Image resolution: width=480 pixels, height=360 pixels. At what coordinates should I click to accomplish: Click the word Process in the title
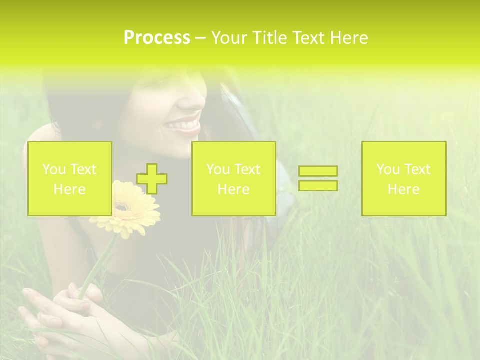coord(157,38)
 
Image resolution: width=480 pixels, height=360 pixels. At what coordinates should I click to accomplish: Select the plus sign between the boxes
coord(152,178)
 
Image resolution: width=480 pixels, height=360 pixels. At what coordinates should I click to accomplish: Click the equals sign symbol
coord(318,178)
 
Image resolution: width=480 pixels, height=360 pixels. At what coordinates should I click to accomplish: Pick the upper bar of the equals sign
coord(318,171)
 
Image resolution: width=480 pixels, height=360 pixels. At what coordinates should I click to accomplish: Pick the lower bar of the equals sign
coord(318,185)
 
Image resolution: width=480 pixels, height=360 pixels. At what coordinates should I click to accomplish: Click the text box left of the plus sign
coord(70,178)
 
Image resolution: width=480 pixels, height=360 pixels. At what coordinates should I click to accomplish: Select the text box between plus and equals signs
coord(233,178)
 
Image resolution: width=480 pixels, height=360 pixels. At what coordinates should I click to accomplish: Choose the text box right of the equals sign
coord(403,178)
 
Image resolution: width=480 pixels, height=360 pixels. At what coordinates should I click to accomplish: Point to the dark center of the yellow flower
coord(123,206)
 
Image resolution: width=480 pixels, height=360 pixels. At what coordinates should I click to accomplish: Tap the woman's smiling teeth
coord(184,123)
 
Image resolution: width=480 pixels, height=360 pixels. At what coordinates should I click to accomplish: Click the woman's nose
coord(192,98)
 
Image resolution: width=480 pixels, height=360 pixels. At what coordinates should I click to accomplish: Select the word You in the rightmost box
coord(388,169)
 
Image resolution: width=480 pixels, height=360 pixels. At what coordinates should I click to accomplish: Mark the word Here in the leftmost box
coord(70,189)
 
